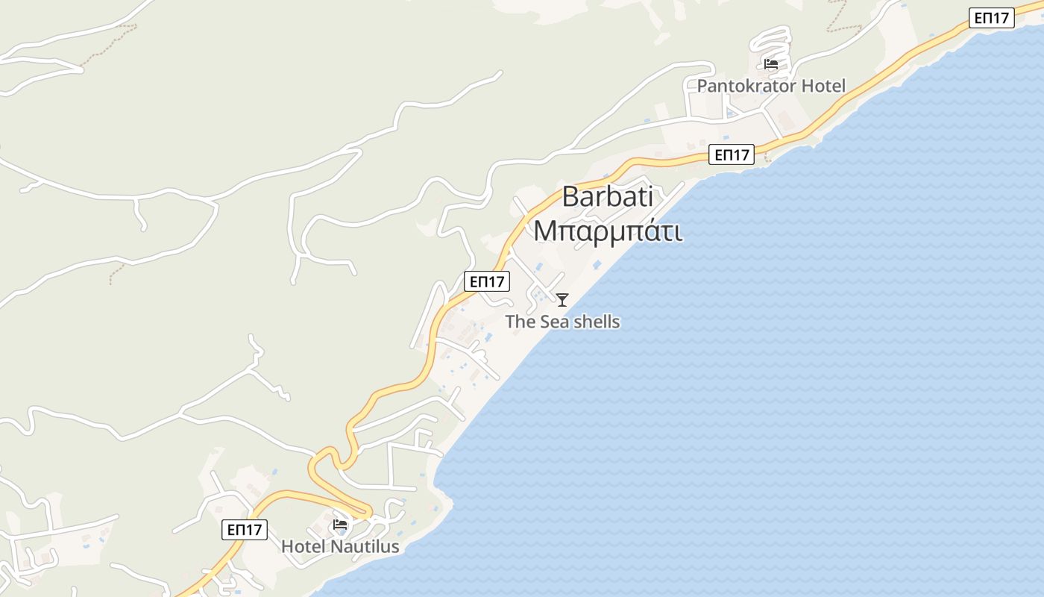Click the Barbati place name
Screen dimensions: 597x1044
coord(607,197)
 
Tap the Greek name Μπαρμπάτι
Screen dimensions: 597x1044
coord(608,231)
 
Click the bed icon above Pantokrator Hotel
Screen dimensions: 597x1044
coord(771,64)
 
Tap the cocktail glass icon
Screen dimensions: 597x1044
coord(562,299)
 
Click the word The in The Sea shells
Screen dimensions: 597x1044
coord(521,322)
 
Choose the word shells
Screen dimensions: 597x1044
coord(597,322)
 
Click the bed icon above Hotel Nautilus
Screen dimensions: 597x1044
coord(340,524)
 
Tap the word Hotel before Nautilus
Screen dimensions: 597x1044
coord(303,547)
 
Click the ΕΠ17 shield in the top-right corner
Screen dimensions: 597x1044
coord(992,19)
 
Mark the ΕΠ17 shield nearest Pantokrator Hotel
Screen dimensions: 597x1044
coord(732,155)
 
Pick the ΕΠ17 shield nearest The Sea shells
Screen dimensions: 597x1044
coord(486,281)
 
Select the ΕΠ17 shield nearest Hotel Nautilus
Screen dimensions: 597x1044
coord(244,530)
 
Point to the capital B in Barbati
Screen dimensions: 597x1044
coord(570,197)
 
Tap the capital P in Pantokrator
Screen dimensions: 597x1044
coord(702,86)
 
